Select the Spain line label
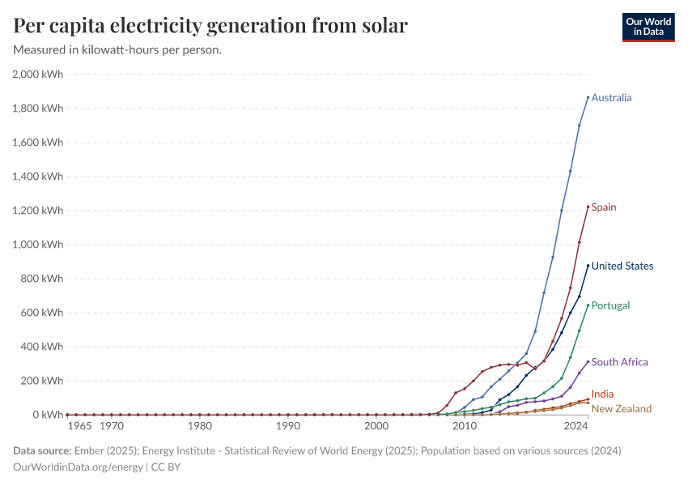click(x=603, y=207)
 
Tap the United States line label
click(x=622, y=266)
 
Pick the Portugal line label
click(x=610, y=306)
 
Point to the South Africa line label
click(x=619, y=363)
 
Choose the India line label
click(x=602, y=394)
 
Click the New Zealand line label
click(x=621, y=409)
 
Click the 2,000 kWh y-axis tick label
click(x=38, y=75)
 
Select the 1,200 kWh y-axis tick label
click(x=38, y=211)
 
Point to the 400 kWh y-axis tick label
click(x=42, y=347)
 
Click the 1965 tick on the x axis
click(x=79, y=426)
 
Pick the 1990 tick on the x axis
click(x=288, y=426)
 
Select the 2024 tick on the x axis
click(x=575, y=426)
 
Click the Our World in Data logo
click(x=648, y=27)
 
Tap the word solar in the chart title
click(x=380, y=27)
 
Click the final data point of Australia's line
click(x=588, y=97)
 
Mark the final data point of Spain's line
click(x=588, y=207)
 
